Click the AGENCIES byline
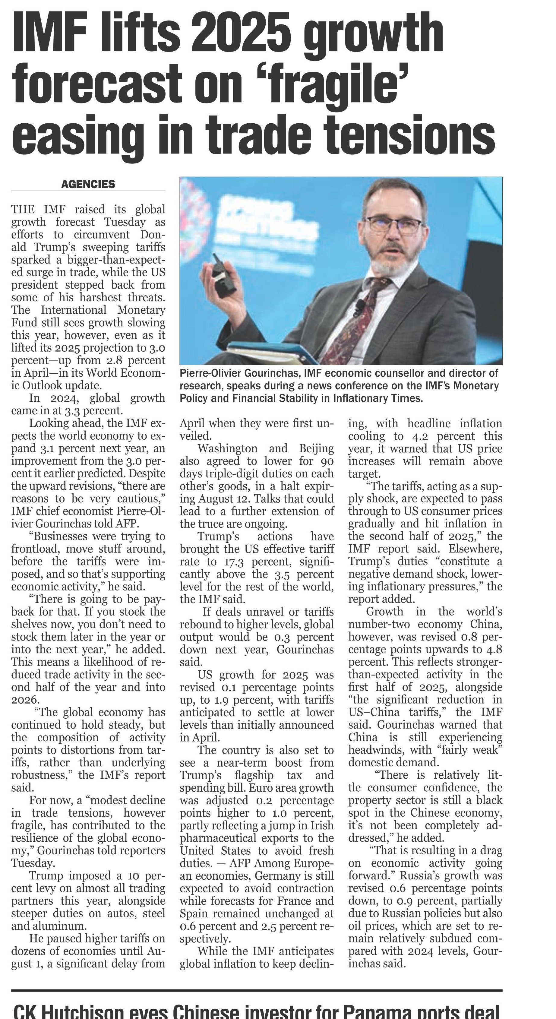tap(88, 184)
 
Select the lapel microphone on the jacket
tap(359, 304)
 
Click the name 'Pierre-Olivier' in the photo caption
tap(211, 373)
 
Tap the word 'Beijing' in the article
tap(316, 448)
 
